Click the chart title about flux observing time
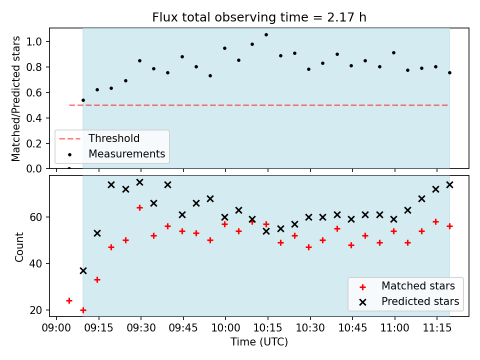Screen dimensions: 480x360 tap(259, 17)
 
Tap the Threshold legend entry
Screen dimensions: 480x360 tap(99, 138)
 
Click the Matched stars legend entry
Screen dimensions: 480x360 tap(407, 286)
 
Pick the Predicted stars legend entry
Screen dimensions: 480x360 tap(409, 301)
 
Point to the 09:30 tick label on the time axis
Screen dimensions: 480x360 tap(141, 328)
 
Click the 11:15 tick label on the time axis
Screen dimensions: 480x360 tap(437, 328)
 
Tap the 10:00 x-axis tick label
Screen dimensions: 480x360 tap(225, 328)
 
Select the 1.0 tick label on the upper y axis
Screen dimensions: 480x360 tap(34, 41)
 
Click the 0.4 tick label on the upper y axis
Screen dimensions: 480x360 tap(34, 118)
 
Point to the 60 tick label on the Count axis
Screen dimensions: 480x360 tap(36, 217)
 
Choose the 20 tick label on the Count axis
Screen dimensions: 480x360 tap(36, 310)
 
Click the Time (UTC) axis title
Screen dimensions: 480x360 tap(259, 341)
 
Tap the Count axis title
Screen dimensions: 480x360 tap(19, 247)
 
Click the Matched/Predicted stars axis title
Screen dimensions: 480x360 tap(15, 98)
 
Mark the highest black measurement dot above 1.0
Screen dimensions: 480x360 tap(266, 35)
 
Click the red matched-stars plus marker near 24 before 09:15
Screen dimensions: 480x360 tap(69, 300)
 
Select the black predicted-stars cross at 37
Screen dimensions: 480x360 tap(83, 270)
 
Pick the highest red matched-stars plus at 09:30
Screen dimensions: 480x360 tap(139, 208)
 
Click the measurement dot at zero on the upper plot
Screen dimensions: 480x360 tap(69, 168)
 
